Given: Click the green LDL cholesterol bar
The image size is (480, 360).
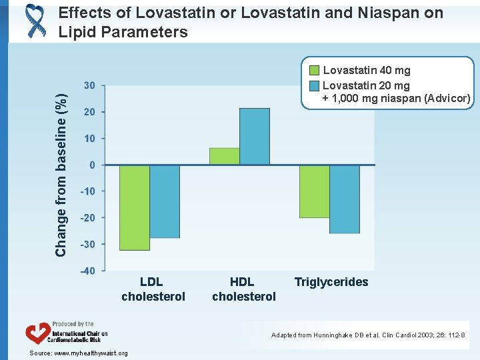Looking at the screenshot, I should click(135, 207).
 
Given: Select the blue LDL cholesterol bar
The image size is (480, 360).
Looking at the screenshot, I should click(165, 201).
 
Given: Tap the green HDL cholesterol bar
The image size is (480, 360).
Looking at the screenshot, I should click(225, 156).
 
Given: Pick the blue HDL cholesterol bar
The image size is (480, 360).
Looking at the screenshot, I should click(255, 137).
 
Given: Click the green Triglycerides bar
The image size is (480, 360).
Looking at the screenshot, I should click(315, 191).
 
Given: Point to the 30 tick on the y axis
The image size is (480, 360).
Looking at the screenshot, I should click(89, 85).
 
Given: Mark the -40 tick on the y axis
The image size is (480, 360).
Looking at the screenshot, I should click(87, 271).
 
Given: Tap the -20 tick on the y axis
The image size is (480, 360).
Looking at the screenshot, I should click(87, 218).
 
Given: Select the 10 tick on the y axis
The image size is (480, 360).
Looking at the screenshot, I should click(89, 139).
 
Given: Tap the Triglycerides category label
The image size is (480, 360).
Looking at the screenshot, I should click(331, 282).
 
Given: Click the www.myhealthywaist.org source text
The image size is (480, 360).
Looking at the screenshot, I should click(90, 353).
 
